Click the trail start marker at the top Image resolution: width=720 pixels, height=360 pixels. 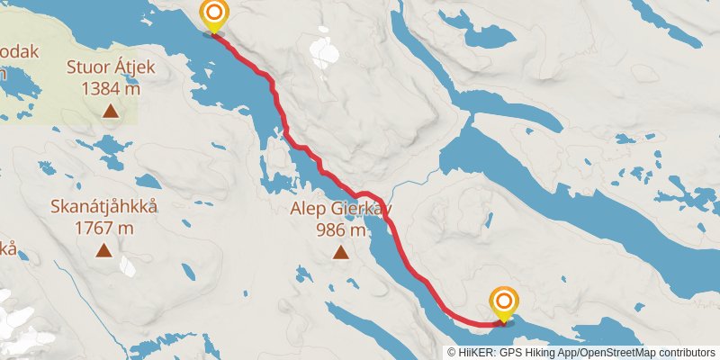(x=214, y=14)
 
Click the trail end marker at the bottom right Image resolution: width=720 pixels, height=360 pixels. (x=505, y=301)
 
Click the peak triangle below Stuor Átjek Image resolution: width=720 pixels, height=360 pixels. (x=110, y=112)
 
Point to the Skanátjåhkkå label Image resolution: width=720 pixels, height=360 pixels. (x=103, y=207)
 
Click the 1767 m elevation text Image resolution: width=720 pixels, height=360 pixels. (x=103, y=228)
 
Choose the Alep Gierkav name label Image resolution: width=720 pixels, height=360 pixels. (x=340, y=209)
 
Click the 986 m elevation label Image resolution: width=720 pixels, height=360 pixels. (x=340, y=229)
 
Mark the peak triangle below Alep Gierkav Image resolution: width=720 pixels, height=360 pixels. (x=340, y=253)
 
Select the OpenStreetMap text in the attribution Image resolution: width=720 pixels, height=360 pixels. (x=616, y=353)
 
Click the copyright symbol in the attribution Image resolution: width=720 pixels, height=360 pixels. (x=451, y=353)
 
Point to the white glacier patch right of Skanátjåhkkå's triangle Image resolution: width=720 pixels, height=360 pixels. (x=128, y=266)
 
